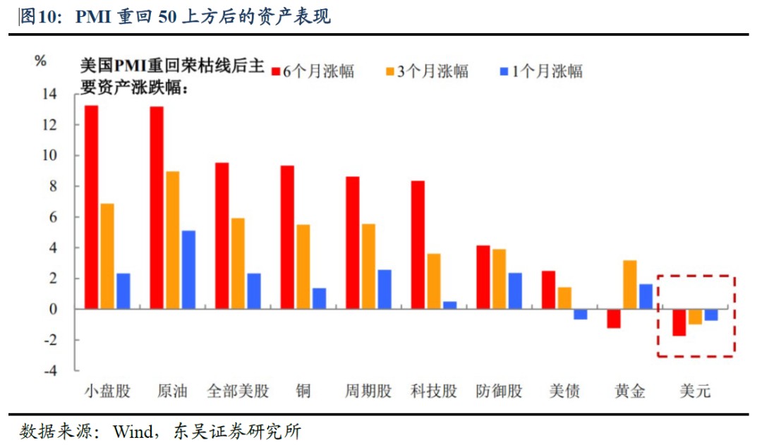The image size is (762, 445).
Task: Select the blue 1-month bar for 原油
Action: pos(188,269)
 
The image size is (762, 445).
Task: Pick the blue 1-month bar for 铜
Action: pos(319,298)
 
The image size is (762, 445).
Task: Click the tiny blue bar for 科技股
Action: pos(449,305)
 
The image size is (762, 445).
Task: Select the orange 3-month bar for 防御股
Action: pos(499,279)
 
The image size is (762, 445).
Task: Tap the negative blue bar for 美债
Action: pos(580,315)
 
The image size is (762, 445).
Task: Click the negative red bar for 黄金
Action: pos(613,319)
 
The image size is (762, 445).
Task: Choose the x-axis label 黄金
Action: pos(629,391)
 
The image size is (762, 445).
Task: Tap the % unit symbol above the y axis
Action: pos(40,61)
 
